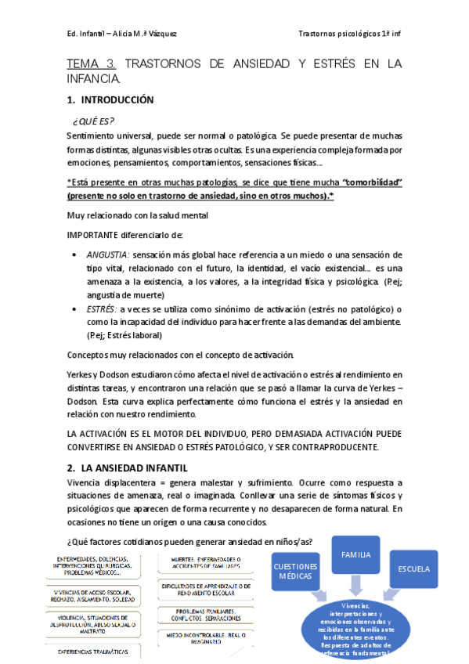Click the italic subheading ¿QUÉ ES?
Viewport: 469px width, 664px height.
coord(93,121)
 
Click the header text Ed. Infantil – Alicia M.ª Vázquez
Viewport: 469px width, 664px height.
coord(121,34)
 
